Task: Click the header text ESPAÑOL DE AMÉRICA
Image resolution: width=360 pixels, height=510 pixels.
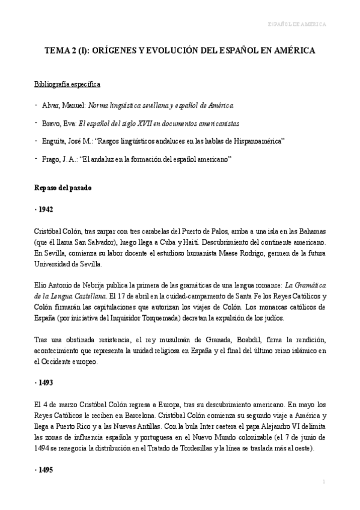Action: [x=296, y=25]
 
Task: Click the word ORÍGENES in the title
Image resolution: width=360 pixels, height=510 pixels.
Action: [x=104, y=52]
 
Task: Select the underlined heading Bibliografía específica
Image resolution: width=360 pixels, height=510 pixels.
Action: [x=67, y=84]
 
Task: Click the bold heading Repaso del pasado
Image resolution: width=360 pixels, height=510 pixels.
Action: [x=63, y=188]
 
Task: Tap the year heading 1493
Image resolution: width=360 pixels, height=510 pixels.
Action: [x=44, y=382]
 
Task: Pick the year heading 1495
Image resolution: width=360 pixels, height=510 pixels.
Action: [x=44, y=469]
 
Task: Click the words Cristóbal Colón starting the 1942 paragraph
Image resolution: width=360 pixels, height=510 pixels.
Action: [x=58, y=230]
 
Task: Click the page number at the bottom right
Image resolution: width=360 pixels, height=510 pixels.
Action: [x=323, y=482]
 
